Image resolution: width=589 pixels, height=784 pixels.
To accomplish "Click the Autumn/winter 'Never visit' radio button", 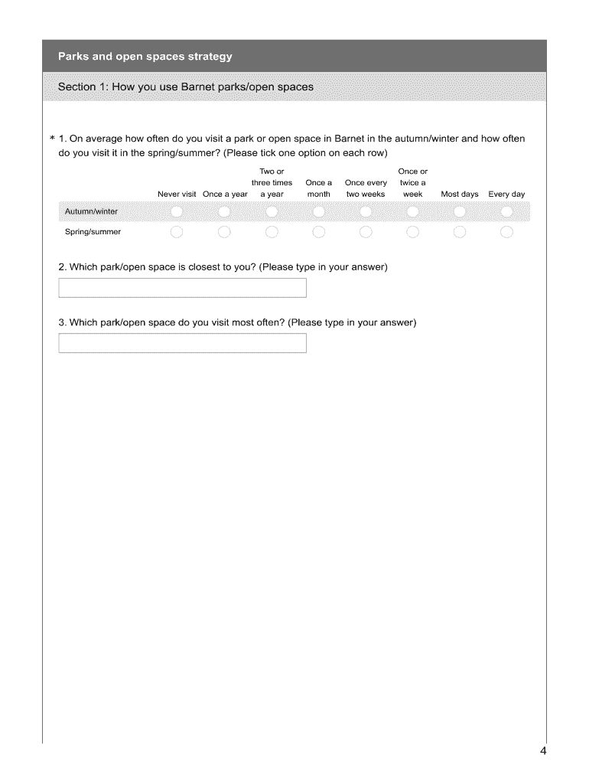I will coord(177,211).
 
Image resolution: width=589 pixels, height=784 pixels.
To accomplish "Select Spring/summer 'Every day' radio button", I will coord(506,232).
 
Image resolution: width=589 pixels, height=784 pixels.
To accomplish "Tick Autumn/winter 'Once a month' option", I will coord(319,211).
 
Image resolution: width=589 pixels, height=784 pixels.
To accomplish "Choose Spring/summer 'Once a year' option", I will coord(224,232).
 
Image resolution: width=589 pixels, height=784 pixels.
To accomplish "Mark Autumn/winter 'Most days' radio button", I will coord(460,211).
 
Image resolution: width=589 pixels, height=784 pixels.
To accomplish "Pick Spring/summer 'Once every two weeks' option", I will coord(366,232).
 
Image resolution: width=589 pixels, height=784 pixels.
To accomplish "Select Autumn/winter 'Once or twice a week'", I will coord(413,211).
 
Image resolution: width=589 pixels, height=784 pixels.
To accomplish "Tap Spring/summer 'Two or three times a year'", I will coord(272,232).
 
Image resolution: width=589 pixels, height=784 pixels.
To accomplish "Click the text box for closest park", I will coord(182,288).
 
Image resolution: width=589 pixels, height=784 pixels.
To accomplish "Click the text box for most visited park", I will coord(182,343).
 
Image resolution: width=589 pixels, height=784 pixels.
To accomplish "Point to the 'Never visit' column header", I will coord(177,194).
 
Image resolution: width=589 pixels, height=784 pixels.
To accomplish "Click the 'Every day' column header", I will coord(506,194).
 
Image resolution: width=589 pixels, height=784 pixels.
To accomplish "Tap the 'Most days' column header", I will coord(460,194).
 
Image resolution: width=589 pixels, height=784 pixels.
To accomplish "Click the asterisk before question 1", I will coord(52,139).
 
